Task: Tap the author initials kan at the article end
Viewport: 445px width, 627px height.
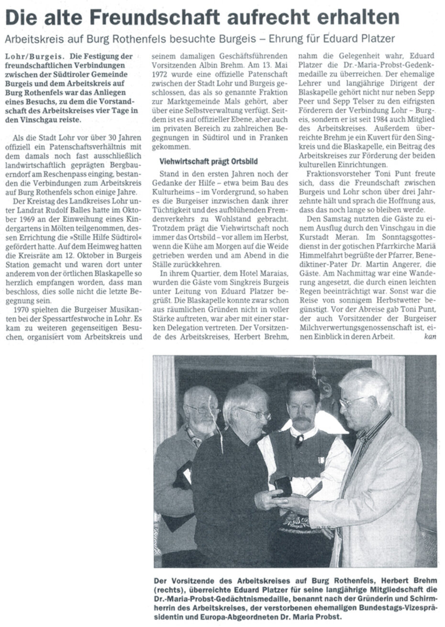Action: (430, 336)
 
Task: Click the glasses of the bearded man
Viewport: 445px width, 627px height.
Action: (203, 410)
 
